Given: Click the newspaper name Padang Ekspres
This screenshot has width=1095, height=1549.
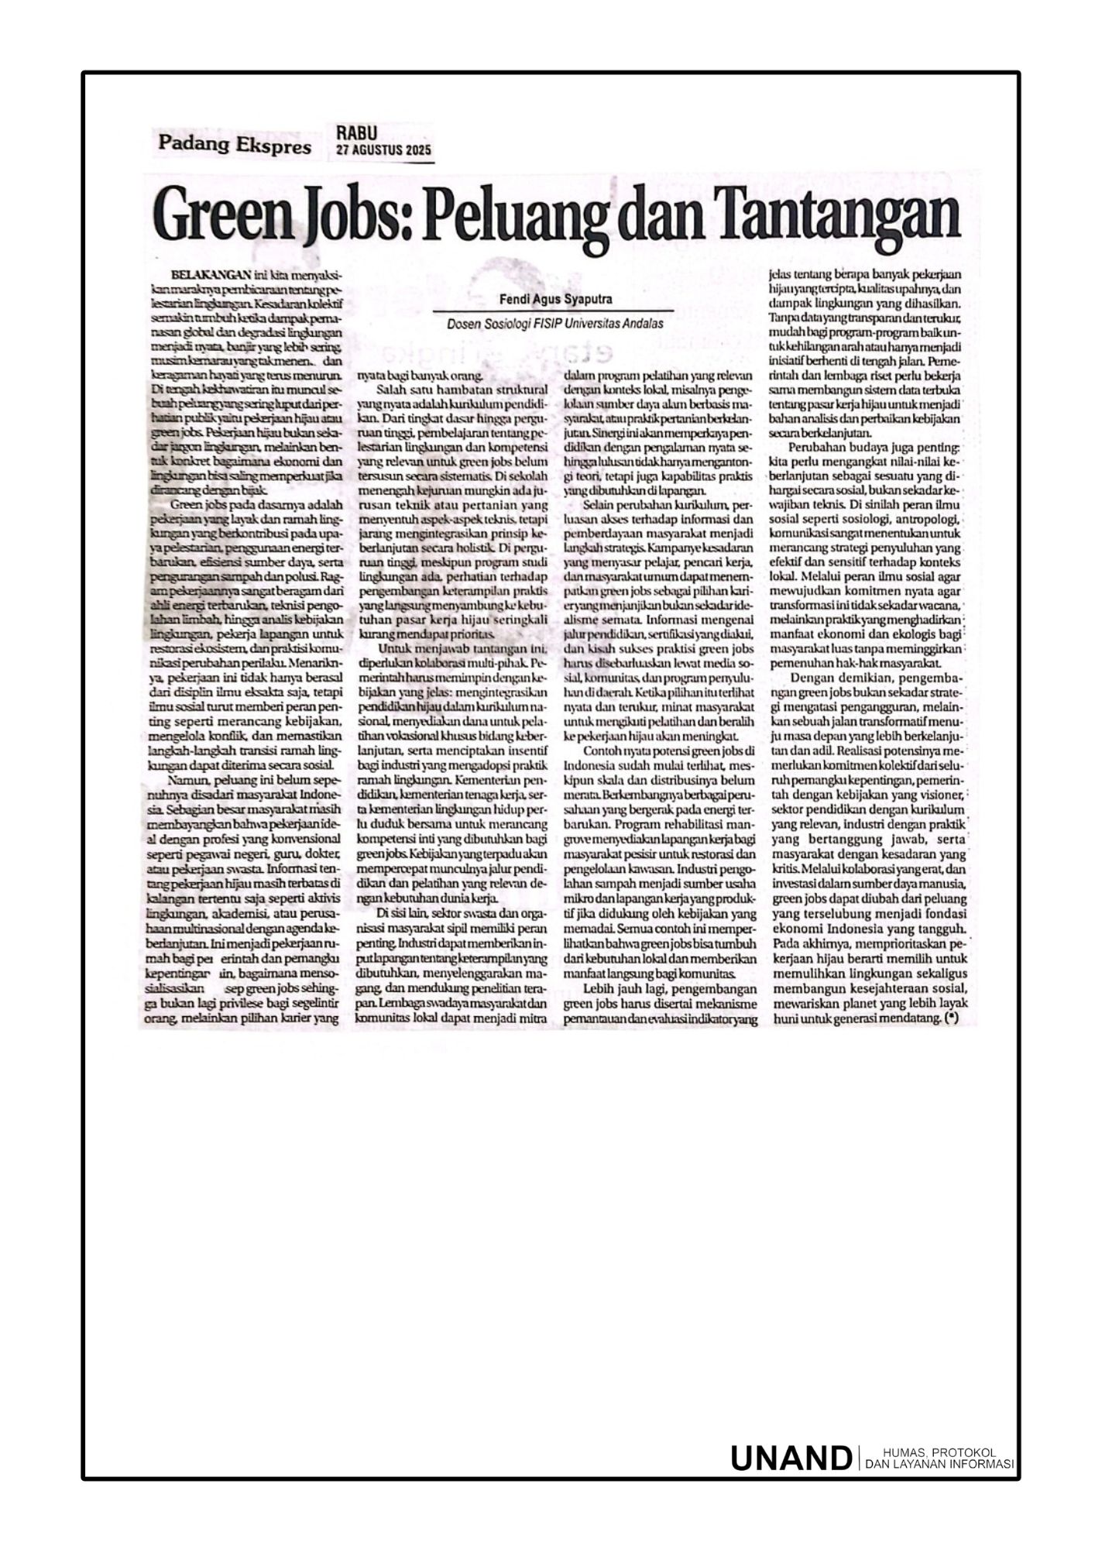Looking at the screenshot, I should pos(235,145).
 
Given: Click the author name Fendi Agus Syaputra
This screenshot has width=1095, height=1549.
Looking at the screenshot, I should pos(555,300).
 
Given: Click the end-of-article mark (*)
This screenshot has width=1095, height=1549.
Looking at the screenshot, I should pos(951,1020).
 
